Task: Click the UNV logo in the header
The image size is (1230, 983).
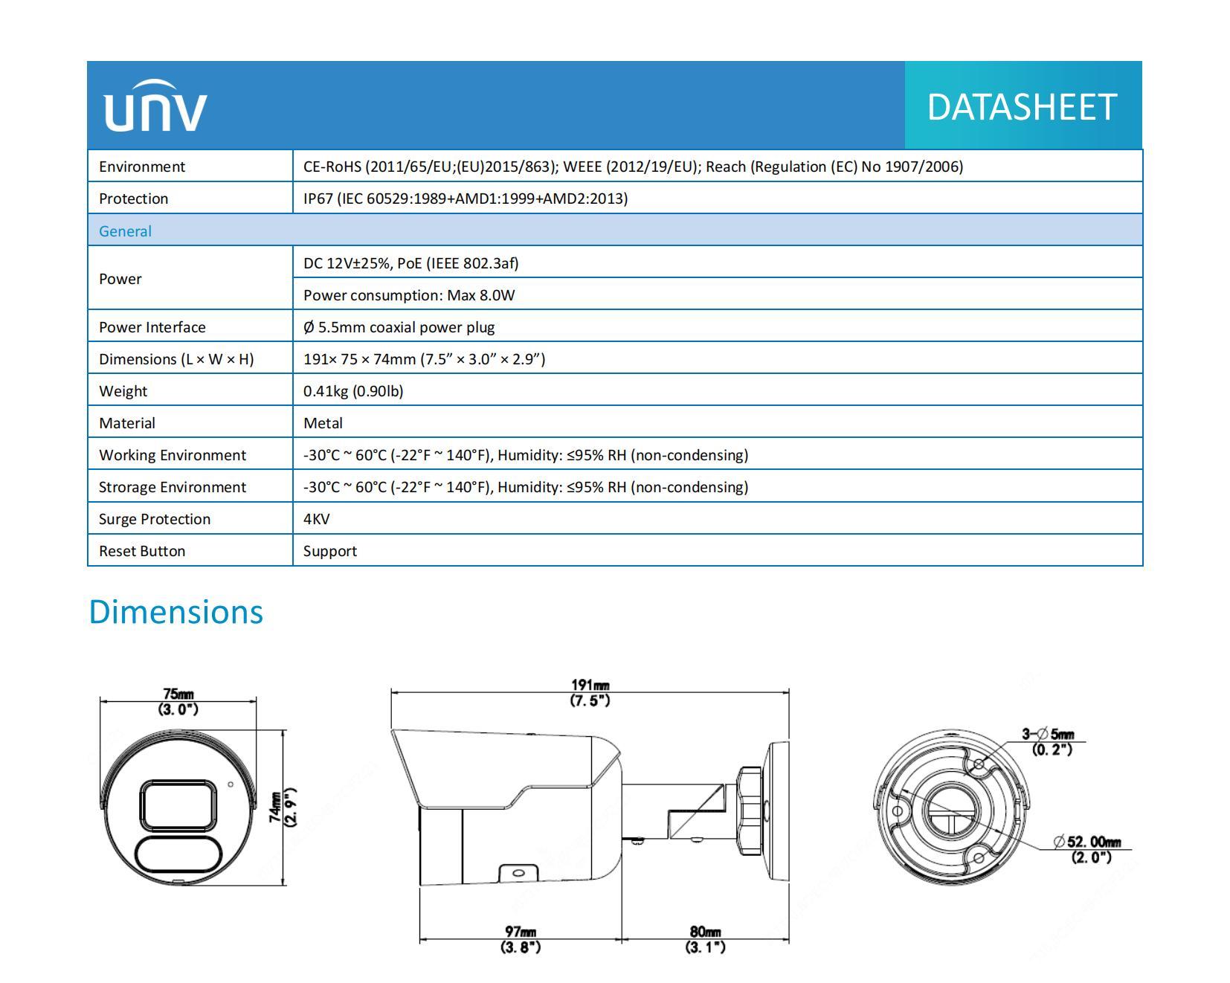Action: coord(155,106)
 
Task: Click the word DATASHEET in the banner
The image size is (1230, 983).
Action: coord(1022,107)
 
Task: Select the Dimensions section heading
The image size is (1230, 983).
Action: coord(176,612)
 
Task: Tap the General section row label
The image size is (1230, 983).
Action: coord(125,231)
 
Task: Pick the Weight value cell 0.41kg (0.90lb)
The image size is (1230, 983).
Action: coord(353,391)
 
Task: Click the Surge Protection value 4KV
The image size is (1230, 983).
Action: coord(317,519)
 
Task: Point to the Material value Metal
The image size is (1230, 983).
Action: coord(323,423)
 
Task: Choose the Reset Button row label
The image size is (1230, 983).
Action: coord(142,551)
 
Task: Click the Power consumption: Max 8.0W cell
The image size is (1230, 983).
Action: coord(409,295)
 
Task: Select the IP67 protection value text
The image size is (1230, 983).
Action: coord(466,199)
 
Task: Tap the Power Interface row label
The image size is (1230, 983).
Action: coord(152,327)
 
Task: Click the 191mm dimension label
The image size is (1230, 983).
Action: coord(590,693)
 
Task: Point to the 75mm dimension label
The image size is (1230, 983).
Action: coord(178,702)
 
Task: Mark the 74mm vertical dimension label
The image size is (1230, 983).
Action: coord(283,806)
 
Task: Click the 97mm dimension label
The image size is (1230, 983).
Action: coord(521,939)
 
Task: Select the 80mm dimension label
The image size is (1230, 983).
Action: coord(705,939)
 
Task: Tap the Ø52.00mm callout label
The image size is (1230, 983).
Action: coord(1087,849)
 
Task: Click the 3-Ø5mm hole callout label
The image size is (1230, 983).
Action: coord(1049,741)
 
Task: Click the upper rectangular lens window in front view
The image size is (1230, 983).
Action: coord(178,805)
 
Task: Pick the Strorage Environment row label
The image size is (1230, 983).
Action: coord(173,487)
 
